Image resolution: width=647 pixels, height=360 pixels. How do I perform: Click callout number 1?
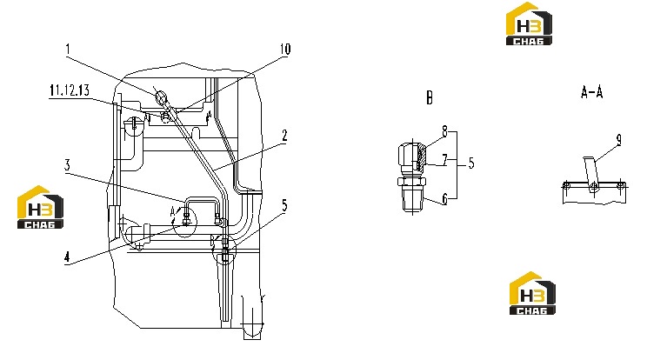(x=68, y=50)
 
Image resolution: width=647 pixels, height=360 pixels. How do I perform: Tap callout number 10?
(x=285, y=50)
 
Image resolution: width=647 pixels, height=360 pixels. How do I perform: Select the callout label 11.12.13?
(x=70, y=90)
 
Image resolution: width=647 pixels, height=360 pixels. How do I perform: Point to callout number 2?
(x=284, y=136)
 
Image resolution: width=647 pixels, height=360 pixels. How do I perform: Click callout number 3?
(x=67, y=165)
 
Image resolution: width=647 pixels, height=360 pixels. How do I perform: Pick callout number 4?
(x=67, y=257)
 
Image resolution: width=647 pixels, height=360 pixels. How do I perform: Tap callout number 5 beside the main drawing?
(x=284, y=205)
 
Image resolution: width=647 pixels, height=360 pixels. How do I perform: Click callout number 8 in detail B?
(x=444, y=131)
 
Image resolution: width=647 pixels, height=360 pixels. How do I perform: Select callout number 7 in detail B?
(x=444, y=160)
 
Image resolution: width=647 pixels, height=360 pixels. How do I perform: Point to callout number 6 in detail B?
(x=444, y=199)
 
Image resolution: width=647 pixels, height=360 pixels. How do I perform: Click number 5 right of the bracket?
(x=471, y=163)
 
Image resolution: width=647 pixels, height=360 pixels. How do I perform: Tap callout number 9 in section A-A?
(x=618, y=140)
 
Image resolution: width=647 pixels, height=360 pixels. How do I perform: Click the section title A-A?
(x=591, y=92)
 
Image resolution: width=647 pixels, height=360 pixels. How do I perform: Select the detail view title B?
(x=430, y=98)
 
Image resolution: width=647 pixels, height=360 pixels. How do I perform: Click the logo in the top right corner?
(x=529, y=23)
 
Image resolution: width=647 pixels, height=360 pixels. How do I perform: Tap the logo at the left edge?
(x=40, y=207)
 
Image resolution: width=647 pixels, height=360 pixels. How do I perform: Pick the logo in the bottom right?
(x=532, y=293)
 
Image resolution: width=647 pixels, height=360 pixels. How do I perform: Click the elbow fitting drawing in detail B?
(x=412, y=177)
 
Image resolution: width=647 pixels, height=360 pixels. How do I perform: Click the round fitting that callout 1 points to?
(x=161, y=97)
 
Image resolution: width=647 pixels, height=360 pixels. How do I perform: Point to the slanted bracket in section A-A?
(x=590, y=173)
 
